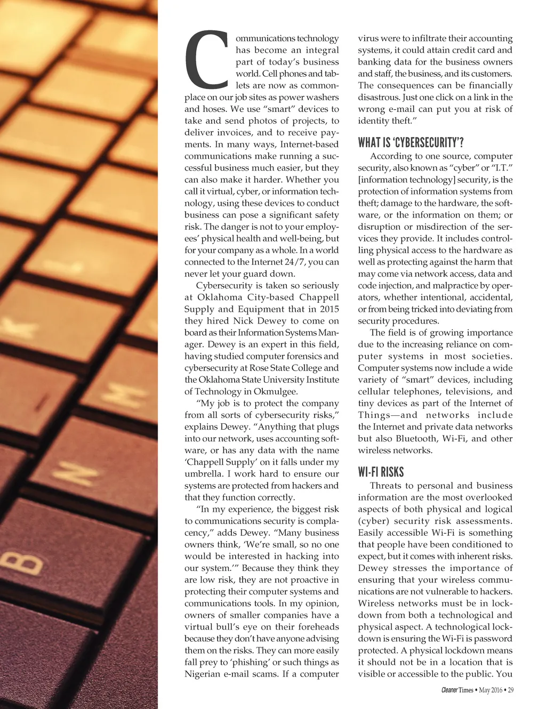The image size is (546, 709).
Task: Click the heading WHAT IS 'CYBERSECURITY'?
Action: [411, 142]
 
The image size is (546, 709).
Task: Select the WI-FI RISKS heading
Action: [381, 472]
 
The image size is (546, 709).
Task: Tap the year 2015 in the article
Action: [330, 309]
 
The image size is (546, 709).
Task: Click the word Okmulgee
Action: [275, 391]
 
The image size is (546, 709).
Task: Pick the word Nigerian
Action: [204, 674]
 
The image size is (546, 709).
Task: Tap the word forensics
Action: [288, 356]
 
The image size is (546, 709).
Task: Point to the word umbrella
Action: [203, 474]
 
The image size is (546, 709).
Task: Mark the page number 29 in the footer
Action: [510, 690]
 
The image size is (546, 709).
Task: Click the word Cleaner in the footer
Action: [449, 690]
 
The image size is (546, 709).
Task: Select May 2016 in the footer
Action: [491, 690]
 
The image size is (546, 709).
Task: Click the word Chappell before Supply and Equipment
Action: [319, 297]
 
